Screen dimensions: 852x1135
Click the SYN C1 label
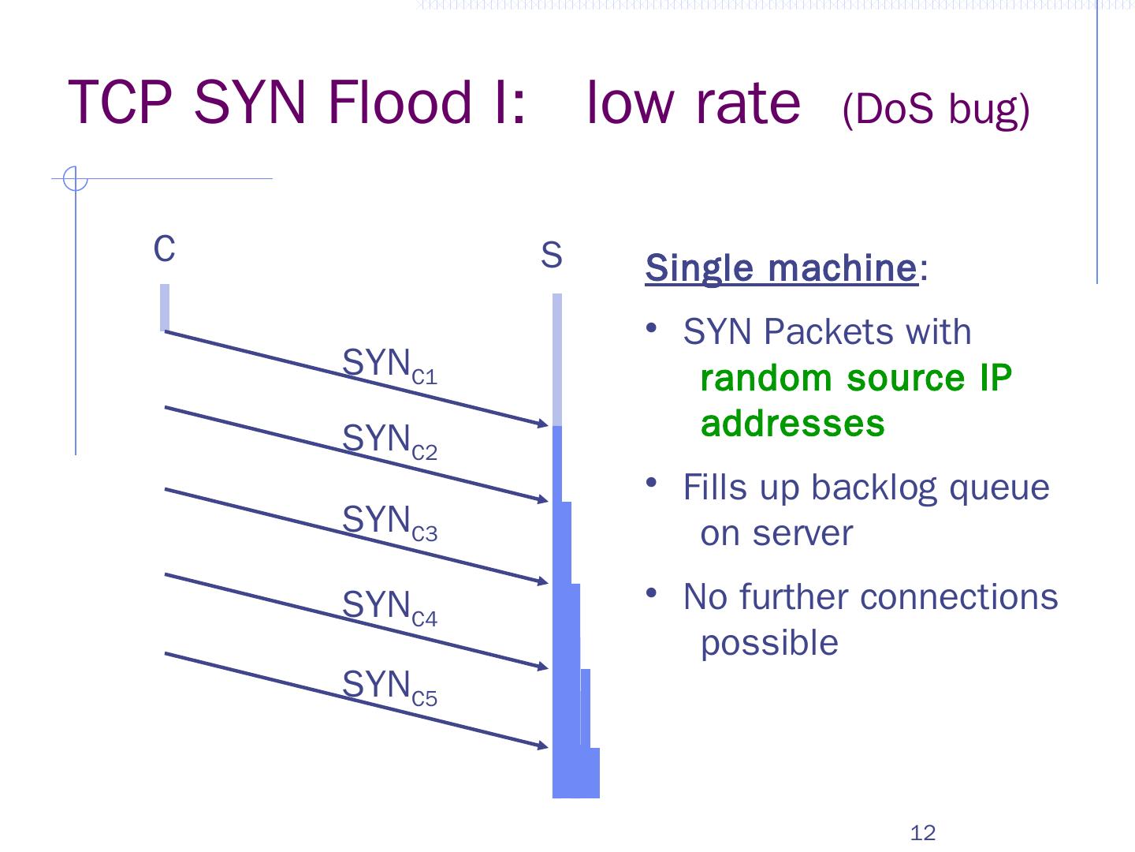tap(389, 366)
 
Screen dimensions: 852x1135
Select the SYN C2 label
tap(389, 441)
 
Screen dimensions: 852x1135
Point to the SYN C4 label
tap(389, 607)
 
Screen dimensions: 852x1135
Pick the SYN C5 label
tap(389, 687)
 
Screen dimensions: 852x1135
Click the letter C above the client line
tap(164, 249)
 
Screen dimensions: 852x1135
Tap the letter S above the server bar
tap(552, 256)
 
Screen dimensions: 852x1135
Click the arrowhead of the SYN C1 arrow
tap(543, 424)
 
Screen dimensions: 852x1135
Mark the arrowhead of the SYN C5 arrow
tap(543, 745)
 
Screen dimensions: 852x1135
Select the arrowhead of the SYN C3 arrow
tap(543, 582)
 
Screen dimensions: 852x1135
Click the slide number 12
tap(922, 833)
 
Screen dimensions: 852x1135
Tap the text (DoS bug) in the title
tap(936, 110)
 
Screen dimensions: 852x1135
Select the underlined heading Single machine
tap(781, 268)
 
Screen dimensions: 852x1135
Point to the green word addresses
tap(792, 424)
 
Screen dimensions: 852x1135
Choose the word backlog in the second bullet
tap(875, 488)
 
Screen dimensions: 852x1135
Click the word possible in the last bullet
tap(769, 643)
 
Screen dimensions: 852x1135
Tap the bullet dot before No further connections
tap(651, 593)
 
